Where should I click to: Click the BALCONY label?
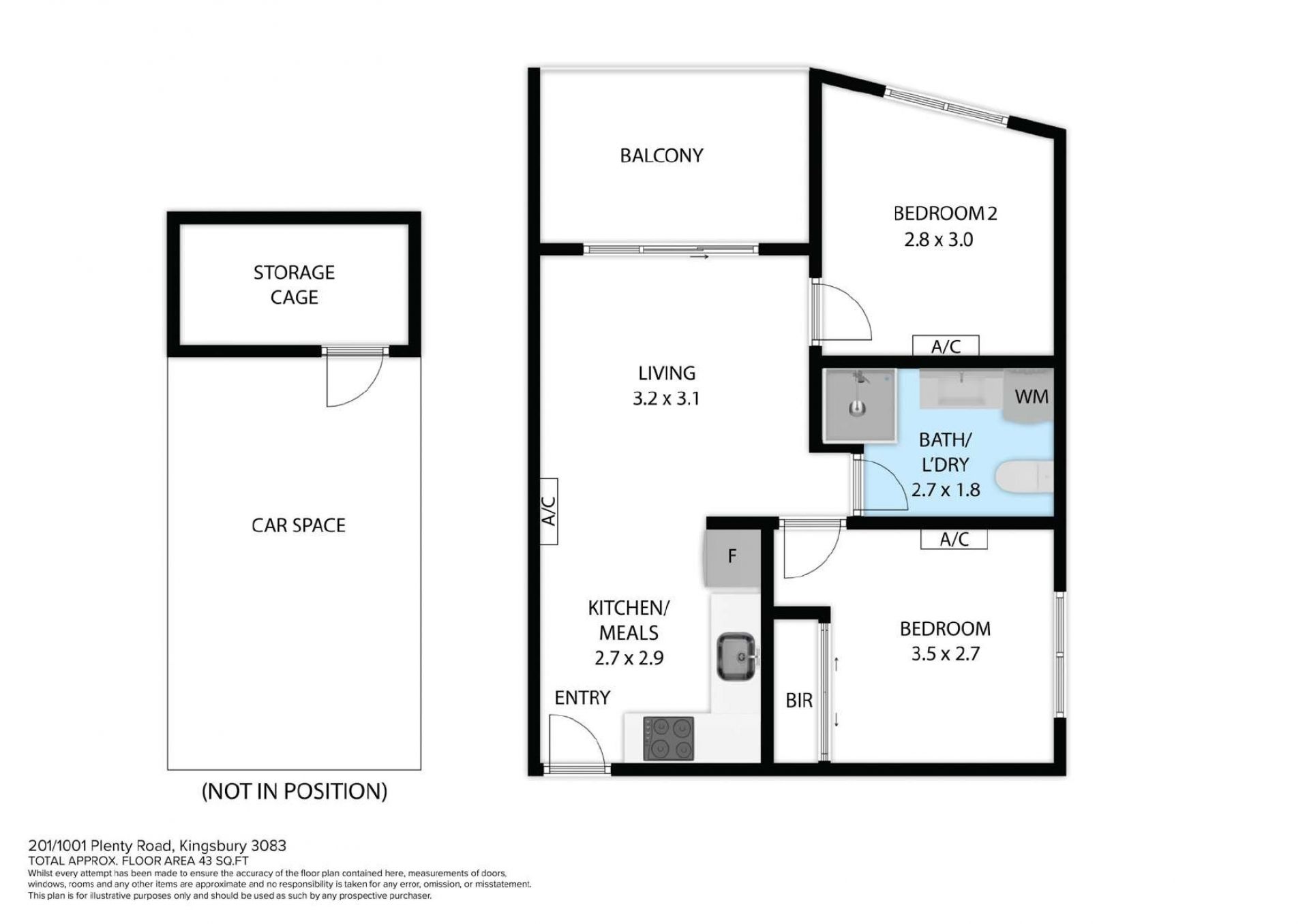[661, 156]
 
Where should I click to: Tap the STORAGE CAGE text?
[295, 285]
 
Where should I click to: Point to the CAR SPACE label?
[299, 525]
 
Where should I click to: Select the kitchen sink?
[736, 657]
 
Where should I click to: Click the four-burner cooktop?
[669, 739]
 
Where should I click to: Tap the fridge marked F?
[732, 557]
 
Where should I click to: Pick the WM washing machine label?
[1032, 397]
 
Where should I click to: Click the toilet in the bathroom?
[1024, 476]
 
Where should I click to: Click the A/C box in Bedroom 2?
[946, 345]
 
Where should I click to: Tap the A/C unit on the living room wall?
[549, 511]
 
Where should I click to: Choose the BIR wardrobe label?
[799, 700]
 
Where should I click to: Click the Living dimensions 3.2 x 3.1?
[666, 399]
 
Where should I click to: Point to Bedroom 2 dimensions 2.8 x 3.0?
[938, 240]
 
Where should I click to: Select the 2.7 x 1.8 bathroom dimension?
[946, 490]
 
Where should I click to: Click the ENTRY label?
[582, 698]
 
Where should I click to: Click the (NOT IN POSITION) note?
[295, 791]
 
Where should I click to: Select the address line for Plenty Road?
[157, 846]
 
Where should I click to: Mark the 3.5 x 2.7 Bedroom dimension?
[945, 654]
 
